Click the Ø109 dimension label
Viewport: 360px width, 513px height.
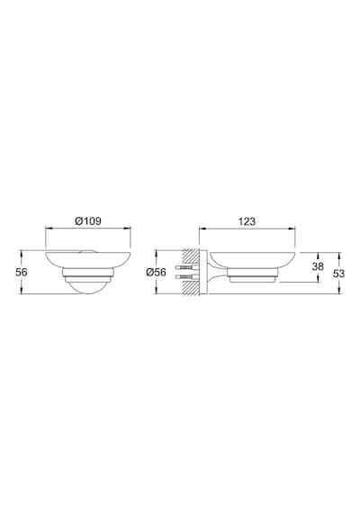pos(88,221)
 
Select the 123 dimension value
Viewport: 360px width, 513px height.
pos(247,221)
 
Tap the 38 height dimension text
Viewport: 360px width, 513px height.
pos(318,266)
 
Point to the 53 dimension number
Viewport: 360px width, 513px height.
pos(339,274)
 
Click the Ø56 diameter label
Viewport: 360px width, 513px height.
pos(156,272)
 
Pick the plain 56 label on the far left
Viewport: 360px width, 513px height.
pos(22,272)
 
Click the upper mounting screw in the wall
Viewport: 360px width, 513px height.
pos(187,267)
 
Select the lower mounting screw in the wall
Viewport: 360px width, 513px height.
pos(187,277)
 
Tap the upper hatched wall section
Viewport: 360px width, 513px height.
pos(191,256)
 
